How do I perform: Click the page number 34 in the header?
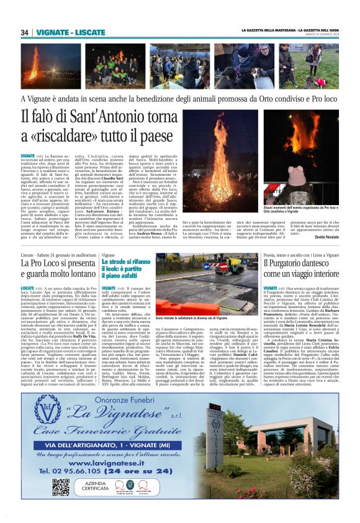pos(25,32)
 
